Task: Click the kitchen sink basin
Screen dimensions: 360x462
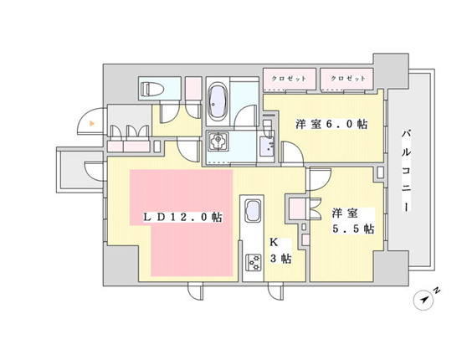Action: pyautogui.click(x=253, y=209)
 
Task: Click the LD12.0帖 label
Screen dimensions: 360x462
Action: pyautogui.click(x=182, y=217)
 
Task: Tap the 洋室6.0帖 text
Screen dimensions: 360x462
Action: pyautogui.click(x=331, y=124)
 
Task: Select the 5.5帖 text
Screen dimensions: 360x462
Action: pyautogui.click(x=357, y=229)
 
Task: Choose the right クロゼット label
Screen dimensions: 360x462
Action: pyautogui.click(x=348, y=79)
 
